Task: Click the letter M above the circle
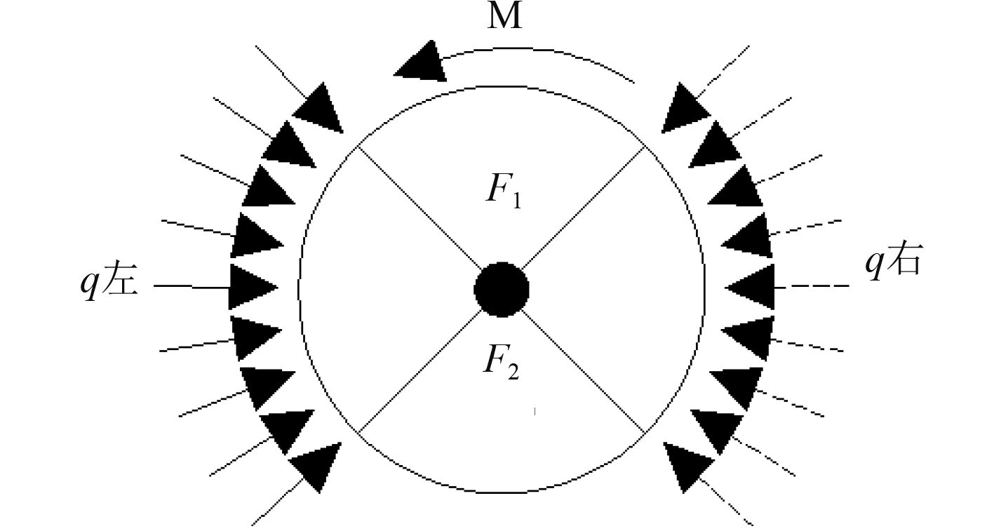[x=505, y=17]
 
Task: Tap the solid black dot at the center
[x=501, y=290]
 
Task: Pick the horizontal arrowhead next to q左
[x=250, y=287]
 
